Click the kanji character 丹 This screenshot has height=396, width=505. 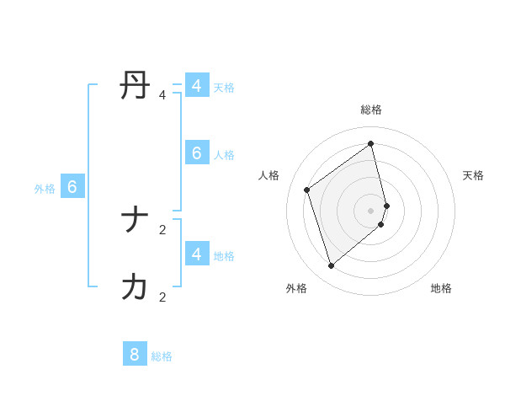tap(136, 86)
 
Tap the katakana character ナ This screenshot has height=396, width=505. tap(136, 221)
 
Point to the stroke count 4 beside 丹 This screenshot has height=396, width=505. tap(162, 95)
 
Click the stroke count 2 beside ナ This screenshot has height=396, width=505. tap(162, 229)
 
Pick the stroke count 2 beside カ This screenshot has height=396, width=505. tap(162, 297)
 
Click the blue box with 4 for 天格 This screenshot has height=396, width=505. tap(196, 86)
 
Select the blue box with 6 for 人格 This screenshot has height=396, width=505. tap(196, 153)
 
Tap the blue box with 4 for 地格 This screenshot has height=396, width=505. tap(196, 254)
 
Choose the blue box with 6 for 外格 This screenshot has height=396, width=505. tap(72, 187)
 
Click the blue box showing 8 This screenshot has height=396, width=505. tap(135, 354)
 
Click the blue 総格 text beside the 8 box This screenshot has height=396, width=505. tap(162, 356)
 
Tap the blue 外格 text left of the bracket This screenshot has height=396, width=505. tap(45, 189)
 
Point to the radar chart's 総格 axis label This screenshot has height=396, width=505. tap(371, 110)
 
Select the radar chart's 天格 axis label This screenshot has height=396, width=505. tap(473, 175)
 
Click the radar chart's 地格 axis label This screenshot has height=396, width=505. tap(441, 288)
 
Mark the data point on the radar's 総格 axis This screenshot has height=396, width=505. tap(371, 144)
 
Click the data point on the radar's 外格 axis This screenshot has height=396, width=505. tap(332, 266)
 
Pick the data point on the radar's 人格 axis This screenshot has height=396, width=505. tap(307, 190)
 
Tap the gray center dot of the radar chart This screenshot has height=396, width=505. tap(371, 210)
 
